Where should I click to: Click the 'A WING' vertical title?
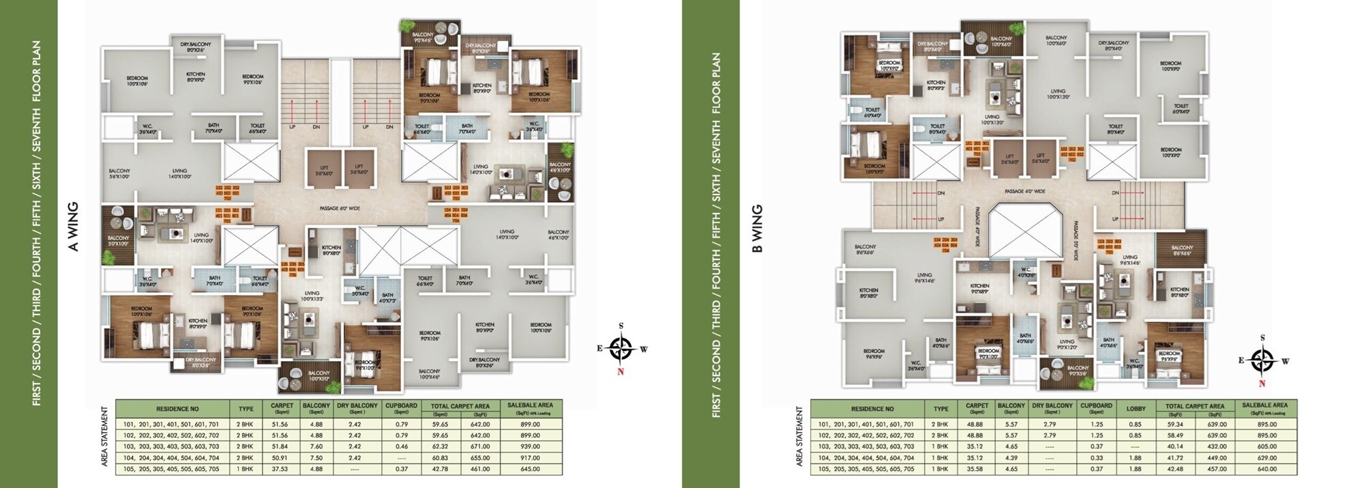tap(74, 227)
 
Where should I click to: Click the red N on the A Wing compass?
tap(621, 372)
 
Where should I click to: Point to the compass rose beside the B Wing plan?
tap(1262, 360)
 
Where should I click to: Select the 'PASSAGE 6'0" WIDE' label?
tap(340, 208)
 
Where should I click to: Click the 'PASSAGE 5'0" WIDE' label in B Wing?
tap(1076, 240)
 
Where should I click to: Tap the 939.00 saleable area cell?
tap(530, 446)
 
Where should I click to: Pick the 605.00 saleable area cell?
tap(1266, 446)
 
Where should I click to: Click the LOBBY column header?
tap(1136, 409)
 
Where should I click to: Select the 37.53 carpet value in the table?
tap(280, 469)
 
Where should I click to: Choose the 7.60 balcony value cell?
tap(316, 446)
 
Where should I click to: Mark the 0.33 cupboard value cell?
tap(1096, 458)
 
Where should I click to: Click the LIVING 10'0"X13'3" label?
tap(312, 296)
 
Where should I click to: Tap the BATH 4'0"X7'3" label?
tap(387, 298)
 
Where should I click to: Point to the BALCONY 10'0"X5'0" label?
tap(318, 375)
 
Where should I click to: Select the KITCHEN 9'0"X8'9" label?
tap(979, 289)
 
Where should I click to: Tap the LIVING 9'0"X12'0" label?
tap(1067, 344)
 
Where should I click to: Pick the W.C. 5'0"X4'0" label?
tap(360, 291)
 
